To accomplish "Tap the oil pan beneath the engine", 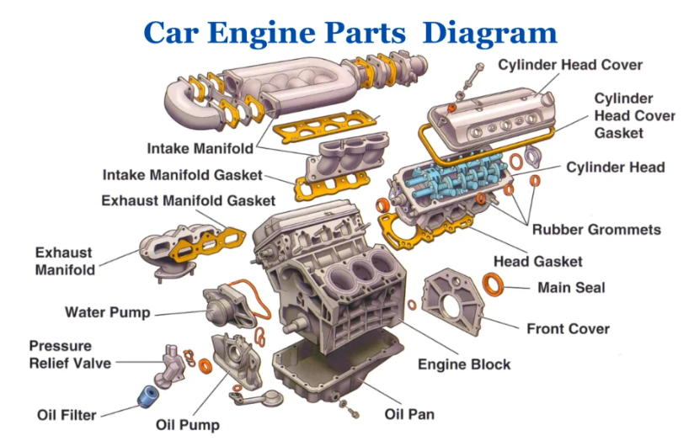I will click(x=337, y=370).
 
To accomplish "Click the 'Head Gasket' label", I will click(x=537, y=262).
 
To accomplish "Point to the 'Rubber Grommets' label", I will click(x=596, y=229).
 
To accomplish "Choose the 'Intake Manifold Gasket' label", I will click(x=182, y=175).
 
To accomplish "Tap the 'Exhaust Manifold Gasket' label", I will click(x=188, y=200).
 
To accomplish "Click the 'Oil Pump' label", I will click(x=187, y=424).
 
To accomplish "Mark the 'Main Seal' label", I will click(x=571, y=287).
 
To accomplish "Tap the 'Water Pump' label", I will click(x=107, y=312).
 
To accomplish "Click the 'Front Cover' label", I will click(x=568, y=328).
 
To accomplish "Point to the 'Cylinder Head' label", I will click(x=615, y=167).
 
